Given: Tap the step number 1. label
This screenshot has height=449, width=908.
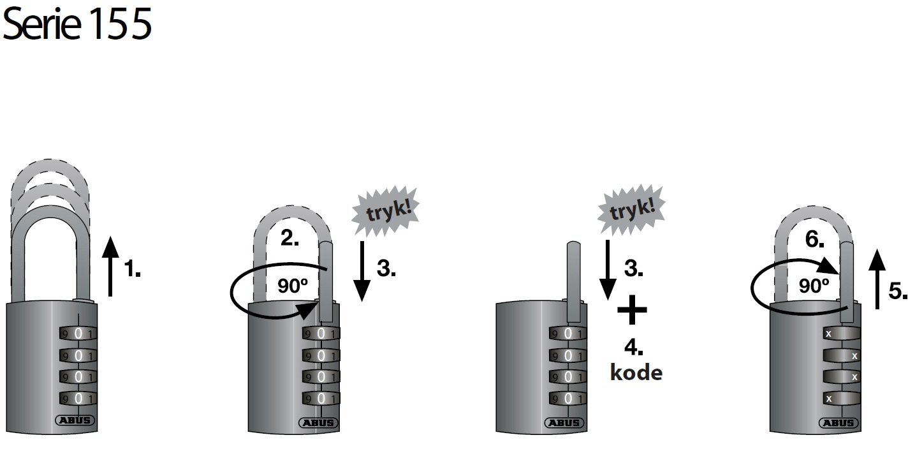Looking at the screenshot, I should [132, 270].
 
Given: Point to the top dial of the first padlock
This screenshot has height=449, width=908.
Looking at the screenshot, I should [77, 334].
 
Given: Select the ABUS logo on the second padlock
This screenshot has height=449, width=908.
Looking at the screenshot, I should [319, 423].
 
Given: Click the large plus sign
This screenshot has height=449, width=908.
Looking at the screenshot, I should [632, 311].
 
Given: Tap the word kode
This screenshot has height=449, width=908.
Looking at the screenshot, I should [636, 372].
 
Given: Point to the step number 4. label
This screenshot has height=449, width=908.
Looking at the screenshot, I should [633, 348].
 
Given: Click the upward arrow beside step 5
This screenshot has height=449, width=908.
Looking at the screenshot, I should [878, 279].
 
